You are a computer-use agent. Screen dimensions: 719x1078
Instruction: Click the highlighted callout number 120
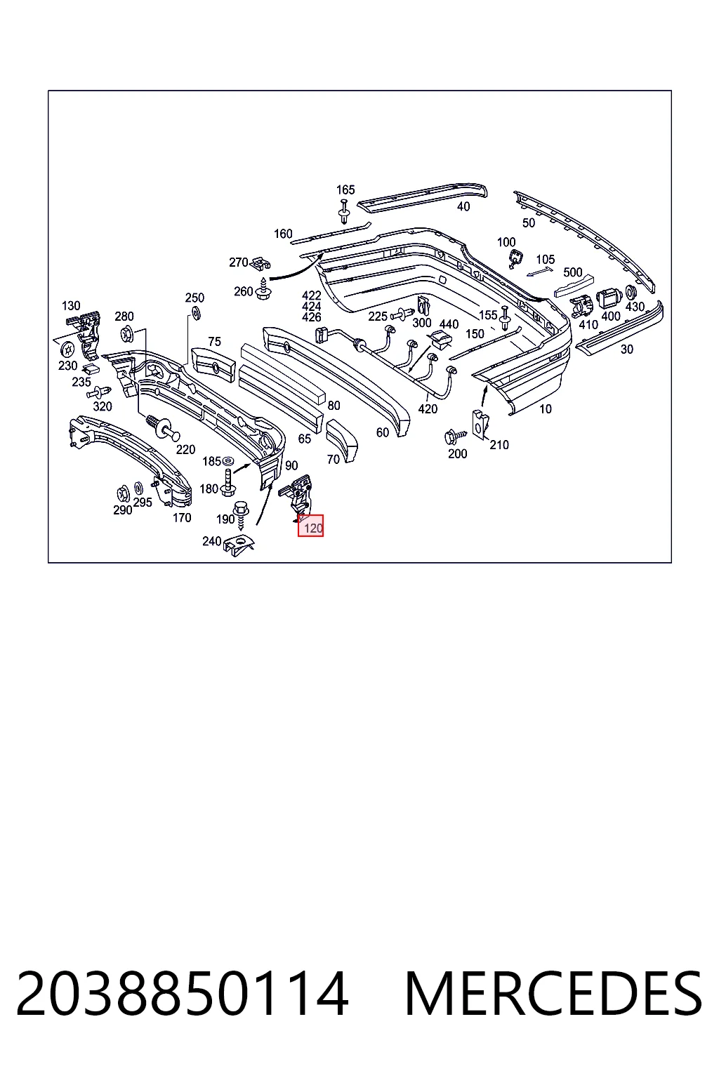[x=313, y=528]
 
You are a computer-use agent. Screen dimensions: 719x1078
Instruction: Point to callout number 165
[x=345, y=189]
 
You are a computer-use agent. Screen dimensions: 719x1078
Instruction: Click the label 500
[x=572, y=272]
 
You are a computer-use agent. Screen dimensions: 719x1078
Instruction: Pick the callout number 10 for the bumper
[x=545, y=409]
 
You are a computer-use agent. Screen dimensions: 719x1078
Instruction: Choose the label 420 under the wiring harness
[x=428, y=409]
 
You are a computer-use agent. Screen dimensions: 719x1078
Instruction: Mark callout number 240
[x=212, y=541]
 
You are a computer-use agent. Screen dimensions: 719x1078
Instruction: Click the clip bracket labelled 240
[x=239, y=546]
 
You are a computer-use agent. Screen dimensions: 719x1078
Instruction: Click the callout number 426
[x=312, y=317]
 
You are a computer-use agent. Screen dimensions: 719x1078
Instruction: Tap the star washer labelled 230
[x=68, y=347]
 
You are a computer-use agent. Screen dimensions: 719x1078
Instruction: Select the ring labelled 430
[x=631, y=292]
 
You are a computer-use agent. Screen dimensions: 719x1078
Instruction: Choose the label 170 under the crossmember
[x=182, y=518]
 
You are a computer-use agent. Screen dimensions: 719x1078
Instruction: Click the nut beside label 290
[x=122, y=493]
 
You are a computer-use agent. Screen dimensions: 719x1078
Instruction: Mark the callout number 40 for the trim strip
[x=463, y=206]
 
